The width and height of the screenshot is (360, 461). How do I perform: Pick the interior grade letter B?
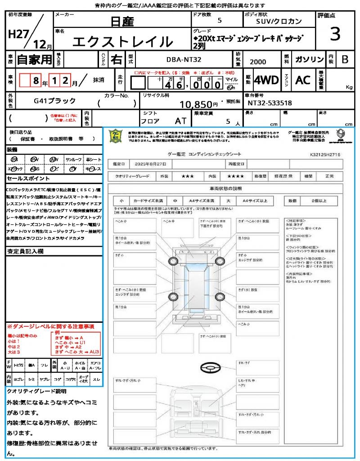point(345,59)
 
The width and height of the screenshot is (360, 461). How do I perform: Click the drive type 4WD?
point(266,80)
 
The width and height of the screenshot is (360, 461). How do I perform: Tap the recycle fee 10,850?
point(199,104)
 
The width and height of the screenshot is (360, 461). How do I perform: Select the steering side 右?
point(116,59)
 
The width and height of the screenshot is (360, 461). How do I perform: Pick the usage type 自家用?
point(34,59)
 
